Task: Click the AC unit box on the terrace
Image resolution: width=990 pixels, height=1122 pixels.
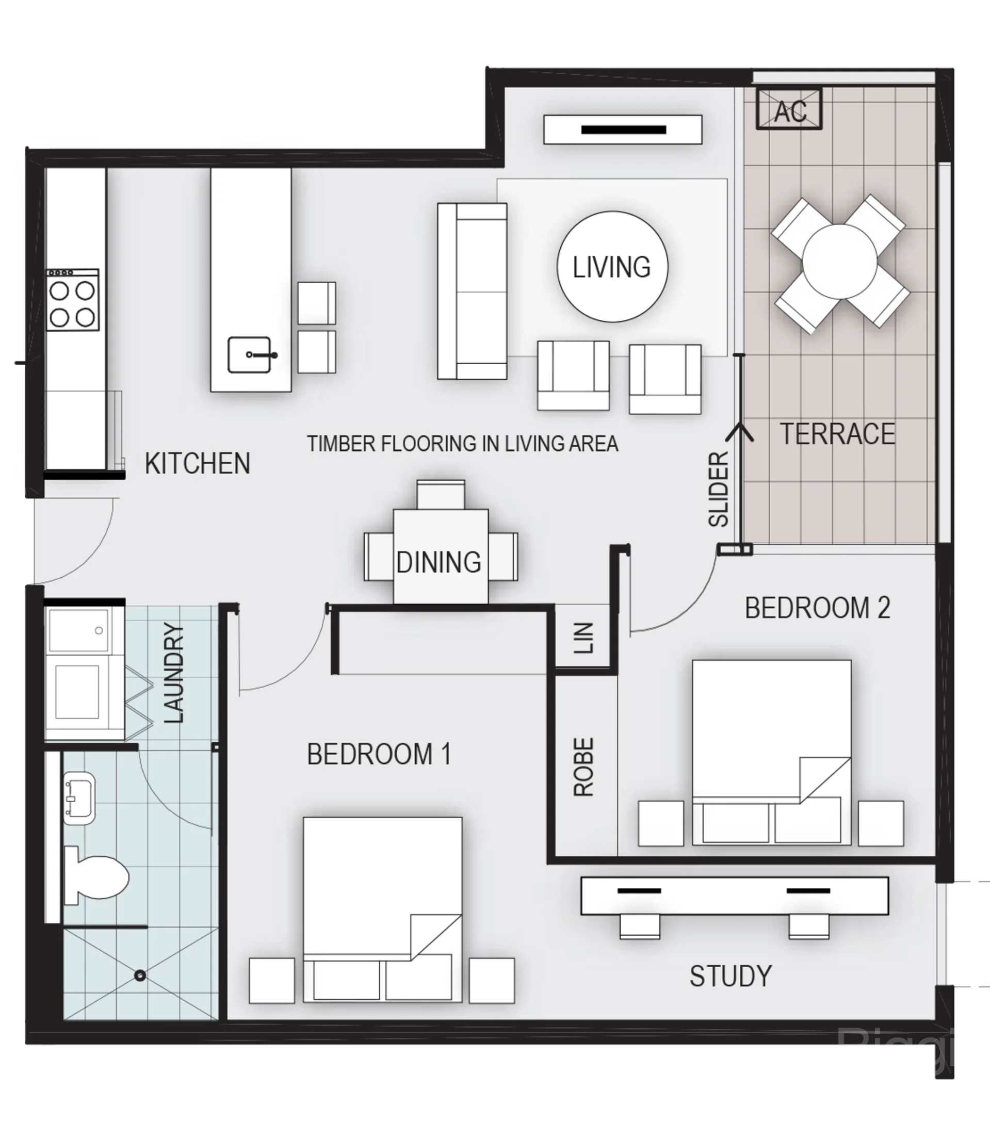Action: coord(789,109)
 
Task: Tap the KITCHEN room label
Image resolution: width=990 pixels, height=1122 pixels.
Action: coord(198,464)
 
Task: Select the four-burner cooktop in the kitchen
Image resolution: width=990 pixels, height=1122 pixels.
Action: coord(72,300)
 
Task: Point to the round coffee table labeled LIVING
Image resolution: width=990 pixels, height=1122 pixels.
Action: coord(612,267)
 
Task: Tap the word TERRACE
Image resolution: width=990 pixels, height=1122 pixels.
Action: coord(837,434)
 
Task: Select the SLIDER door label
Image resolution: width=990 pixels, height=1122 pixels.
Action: coord(718,489)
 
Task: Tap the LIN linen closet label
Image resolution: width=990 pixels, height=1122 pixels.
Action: coord(583,638)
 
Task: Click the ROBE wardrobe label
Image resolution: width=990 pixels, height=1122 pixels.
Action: coord(583,767)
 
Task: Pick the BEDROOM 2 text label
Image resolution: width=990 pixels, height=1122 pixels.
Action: coord(818,608)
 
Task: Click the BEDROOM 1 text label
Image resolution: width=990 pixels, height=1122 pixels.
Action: coord(379,754)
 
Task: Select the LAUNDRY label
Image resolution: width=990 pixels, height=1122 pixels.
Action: coord(173,674)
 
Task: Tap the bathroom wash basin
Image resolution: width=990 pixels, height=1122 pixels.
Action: coord(79,799)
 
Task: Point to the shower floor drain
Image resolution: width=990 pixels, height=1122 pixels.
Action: coord(140,975)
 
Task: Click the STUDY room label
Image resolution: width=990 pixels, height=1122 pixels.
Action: coord(731,976)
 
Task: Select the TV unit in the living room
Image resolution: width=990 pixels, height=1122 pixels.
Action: coord(623,129)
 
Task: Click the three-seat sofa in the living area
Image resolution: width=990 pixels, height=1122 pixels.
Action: coord(472,291)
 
